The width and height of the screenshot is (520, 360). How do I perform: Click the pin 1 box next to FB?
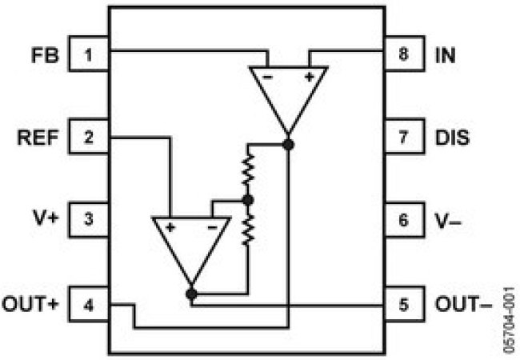[x=89, y=54]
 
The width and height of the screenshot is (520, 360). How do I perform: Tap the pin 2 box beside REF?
[x=89, y=136]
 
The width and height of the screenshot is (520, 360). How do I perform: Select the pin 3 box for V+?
[x=89, y=219]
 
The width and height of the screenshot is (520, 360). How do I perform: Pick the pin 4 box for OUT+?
[x=89, y=304]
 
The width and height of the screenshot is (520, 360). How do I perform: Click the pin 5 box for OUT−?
[x=404, y=304]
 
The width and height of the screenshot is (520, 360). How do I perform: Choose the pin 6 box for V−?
[x=404, y=219]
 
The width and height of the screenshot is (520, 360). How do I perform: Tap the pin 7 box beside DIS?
[x=404, y=136]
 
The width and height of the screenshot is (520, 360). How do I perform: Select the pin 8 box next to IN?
[x=404, y=54]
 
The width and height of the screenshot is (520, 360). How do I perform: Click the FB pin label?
[x=45, y=55]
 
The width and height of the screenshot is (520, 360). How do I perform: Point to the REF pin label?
[x=38, y=138]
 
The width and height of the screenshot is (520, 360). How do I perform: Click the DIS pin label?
[x=452, y=138]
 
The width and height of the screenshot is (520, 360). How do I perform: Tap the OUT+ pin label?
[x=30, y=304]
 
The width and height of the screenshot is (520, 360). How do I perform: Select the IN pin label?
[x=445, y=55]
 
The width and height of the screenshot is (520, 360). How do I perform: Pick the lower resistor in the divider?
[x=248, y=230]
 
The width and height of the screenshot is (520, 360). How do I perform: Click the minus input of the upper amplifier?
[x=267, y=78]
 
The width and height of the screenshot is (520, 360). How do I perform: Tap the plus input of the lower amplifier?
[x=170, y=228]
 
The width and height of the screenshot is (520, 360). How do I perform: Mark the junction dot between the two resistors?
[x=248, y=200]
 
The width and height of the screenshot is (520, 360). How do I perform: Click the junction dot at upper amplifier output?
[x=289, y=145]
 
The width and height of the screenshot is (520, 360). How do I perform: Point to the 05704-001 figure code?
[x=509, y=320]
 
